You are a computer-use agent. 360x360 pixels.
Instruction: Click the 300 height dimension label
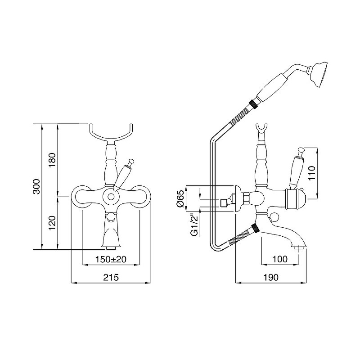(37, 186)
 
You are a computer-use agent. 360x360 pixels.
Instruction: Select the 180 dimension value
(53, 160)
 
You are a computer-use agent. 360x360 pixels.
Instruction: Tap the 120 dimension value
(53, 223)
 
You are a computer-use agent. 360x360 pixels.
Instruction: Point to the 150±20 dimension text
(111, 259)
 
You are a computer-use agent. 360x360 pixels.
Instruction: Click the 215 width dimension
(111, 277)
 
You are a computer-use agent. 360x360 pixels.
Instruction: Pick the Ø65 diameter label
(180, 199)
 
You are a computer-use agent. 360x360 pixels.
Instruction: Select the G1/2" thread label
(194, 225)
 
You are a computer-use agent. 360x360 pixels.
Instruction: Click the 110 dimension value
(312, 173)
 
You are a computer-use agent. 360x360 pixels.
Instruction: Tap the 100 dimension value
(280, 259)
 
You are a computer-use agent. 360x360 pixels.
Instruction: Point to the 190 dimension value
(271, 277)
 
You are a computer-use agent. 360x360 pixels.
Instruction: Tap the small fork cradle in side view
(262, 129)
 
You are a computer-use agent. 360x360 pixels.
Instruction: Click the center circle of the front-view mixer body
(111, 197)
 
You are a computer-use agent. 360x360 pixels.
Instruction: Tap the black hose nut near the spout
(256, 229)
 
